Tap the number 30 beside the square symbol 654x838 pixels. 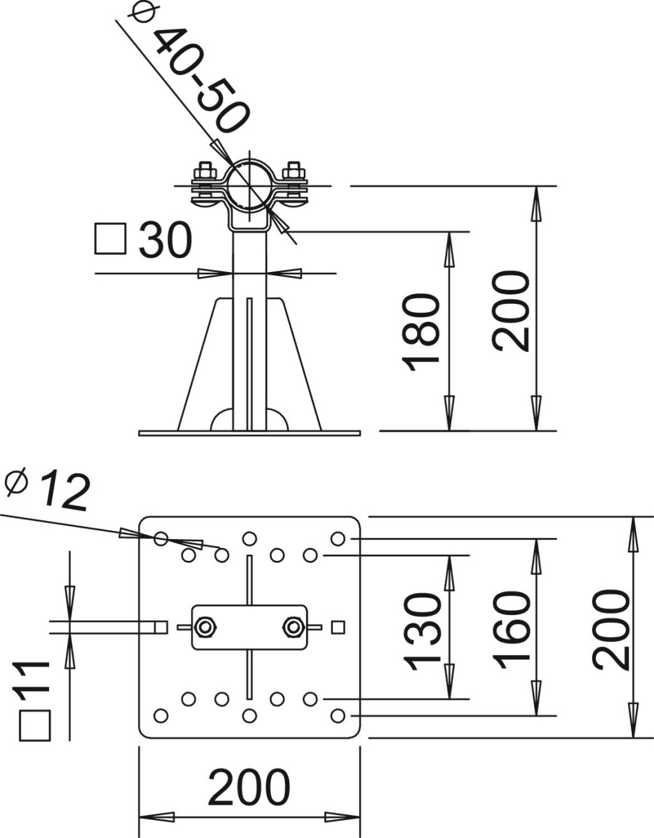pos(165,240)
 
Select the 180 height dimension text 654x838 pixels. pos(420,331)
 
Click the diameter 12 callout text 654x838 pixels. pos(48,491)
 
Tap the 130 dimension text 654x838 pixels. pos(422,632)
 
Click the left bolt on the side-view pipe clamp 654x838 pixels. pos(205,181)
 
